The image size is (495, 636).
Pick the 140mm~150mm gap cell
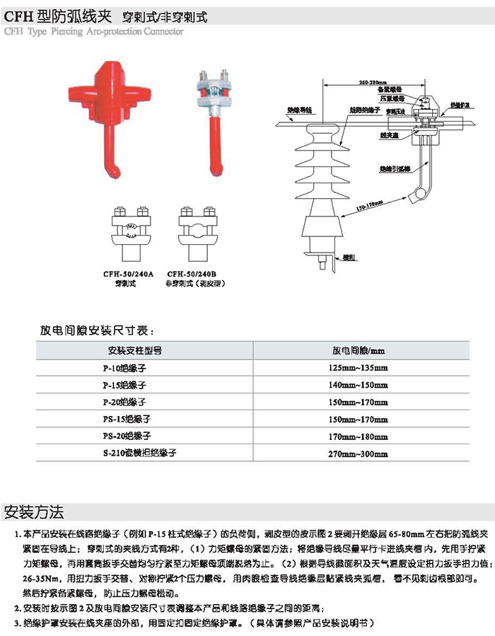[x=359, y=385]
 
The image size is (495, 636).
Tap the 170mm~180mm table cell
[x=359, y=435]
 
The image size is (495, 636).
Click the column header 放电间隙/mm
[x=359, y=350]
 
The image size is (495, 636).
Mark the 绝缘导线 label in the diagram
[x=300, y=110]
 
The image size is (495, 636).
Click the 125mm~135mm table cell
[x=359, y=368]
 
